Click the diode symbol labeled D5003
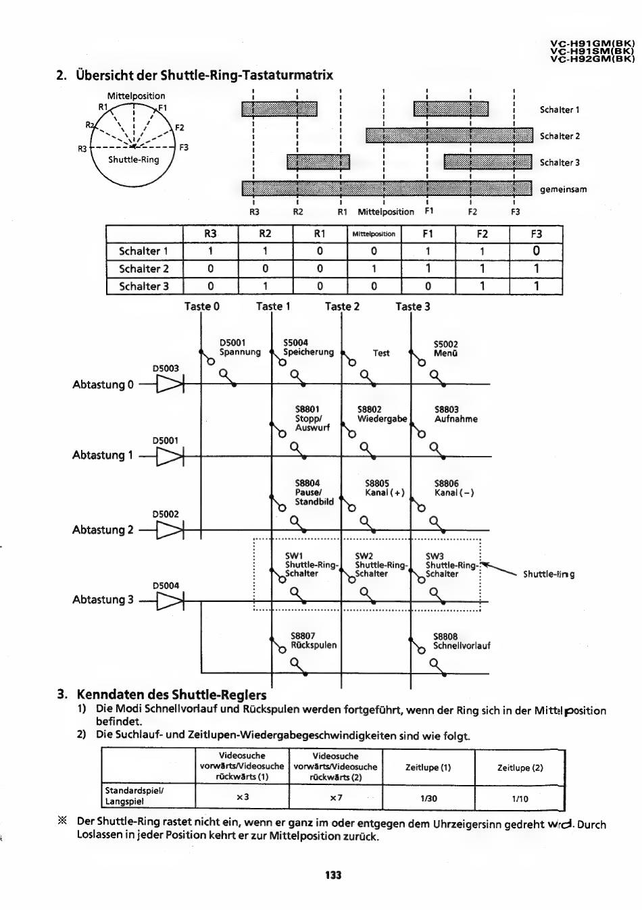coord(170,384)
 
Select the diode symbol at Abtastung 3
coord(170,599)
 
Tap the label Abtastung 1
coord(103,455)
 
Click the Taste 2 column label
coord(342,306)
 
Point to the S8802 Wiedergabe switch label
coord(382,413)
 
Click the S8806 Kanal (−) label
coord(454,488)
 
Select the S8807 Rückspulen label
coord(313,640)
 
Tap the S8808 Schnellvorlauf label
coord(461,641)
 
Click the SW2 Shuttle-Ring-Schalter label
coord(380,565)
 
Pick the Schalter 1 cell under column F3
coord(536,251)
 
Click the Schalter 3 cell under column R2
coord(265,286)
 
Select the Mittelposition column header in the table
coord(374,234)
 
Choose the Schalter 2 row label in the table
coord(144,269)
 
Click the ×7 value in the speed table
coord(336,798)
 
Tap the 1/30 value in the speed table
coord(428,798)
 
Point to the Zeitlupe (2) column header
coord(520,767)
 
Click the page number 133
coord(333,875)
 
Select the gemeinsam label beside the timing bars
coord(563,189)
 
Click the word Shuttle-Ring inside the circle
coord(134,159)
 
